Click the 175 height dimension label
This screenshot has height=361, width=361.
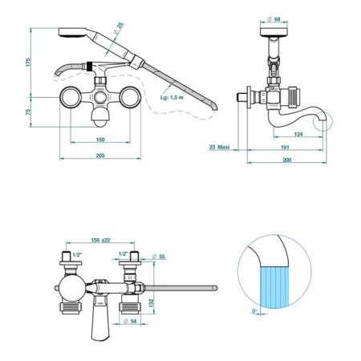[29, 62]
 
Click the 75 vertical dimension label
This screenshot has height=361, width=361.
[28, 112]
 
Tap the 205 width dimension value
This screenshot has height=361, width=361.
[100, 156]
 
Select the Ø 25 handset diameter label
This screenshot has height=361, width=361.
[119, 28]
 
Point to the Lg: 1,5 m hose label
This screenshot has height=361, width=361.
[172, 97]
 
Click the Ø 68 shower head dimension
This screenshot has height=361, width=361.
[274, 19]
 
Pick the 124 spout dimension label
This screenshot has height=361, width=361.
[298, 134]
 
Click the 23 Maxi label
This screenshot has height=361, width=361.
[219, 147]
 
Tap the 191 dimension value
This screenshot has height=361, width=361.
[286, 148]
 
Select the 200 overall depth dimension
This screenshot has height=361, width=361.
[286, 160]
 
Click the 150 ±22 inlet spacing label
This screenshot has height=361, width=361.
[100, 240]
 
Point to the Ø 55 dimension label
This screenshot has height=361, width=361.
[159, 257]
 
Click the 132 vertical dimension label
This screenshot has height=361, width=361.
[152, 302]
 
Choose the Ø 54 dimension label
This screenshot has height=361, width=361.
[130, 321]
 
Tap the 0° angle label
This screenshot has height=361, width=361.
[254, 311]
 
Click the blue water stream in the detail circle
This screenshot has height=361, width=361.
[274, 287]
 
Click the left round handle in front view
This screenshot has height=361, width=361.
[71, 97]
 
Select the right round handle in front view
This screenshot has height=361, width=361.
[130, 97]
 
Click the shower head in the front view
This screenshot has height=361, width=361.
[72, 33]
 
